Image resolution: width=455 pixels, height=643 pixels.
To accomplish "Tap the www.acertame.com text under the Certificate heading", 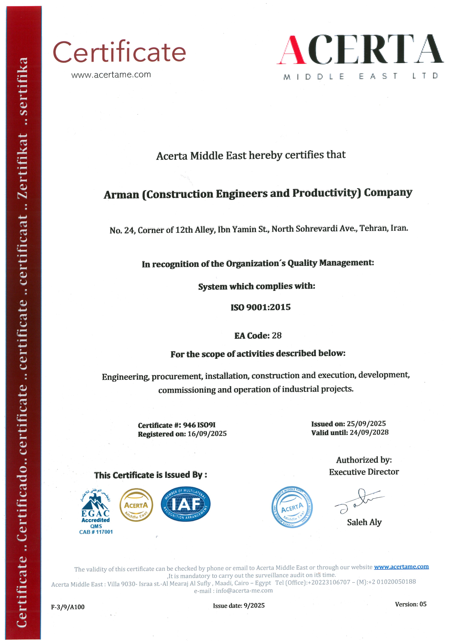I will [x=111, y=75].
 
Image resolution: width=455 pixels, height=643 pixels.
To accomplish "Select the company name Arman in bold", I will [x=121, y=195].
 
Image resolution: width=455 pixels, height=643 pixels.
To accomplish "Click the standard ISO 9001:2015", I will [x=260, y=307].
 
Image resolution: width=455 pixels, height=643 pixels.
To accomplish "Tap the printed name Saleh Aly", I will [x=364, y=522].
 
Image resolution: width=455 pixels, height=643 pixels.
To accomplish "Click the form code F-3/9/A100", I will [x=67, y=607].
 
